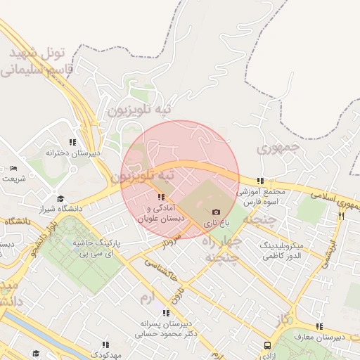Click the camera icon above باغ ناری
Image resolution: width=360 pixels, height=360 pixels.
tap(216, 212)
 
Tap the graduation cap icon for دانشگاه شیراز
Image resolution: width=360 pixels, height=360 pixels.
tap(60, 198)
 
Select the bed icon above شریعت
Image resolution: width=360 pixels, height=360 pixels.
tap(14, 169)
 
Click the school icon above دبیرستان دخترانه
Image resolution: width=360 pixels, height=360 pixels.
tap(72, 142)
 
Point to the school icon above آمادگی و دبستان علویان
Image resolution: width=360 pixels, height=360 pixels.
tap(162, 197)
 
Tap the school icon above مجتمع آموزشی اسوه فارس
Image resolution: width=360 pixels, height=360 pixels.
tap(261, 181)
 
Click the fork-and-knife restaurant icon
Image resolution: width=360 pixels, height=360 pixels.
tap(342, 216)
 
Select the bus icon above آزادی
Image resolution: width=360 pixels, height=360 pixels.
tap(268, 345)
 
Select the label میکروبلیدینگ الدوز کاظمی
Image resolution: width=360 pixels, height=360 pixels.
tap(281, 251)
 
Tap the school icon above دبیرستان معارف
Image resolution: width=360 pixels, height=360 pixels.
tap(320, 326)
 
